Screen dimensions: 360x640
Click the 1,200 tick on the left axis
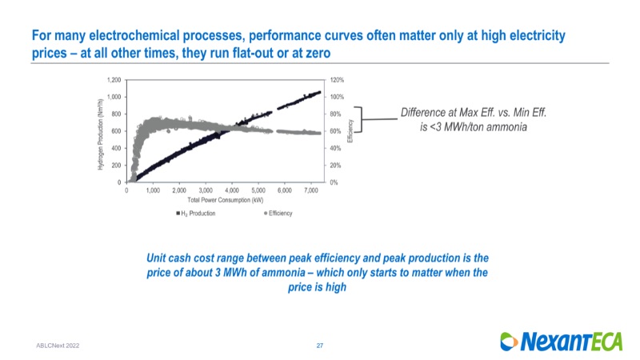pos(114,80)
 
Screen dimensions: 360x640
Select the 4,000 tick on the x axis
pos(232,190)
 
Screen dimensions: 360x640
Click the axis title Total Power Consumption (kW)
pos(225,199)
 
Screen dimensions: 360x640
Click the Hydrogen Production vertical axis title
pos(100,132)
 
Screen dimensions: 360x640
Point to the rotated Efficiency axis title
pos(350,132)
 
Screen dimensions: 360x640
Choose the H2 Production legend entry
pos(194,214)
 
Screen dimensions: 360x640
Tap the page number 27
pos(319,345)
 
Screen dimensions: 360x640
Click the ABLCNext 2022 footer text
pos(58,345)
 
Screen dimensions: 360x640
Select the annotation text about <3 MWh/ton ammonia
pos(473,121)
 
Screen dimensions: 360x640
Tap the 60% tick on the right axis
pos(334,131)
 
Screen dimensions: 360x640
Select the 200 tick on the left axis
pos(116,165)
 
